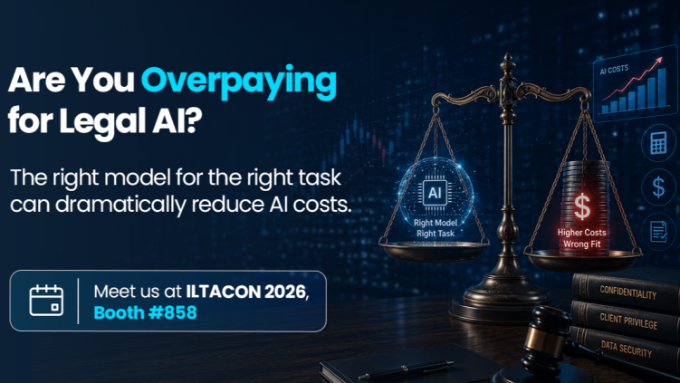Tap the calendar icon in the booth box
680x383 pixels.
[46, 301]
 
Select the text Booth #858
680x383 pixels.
[145, 312]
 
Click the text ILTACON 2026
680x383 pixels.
[246, 292]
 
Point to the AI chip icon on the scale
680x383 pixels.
[435, 193]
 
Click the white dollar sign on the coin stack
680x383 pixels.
[582, 206]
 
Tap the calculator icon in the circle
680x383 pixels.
[658, 143]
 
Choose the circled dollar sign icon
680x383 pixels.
[658, 187]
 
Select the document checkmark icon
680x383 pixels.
[659, 231]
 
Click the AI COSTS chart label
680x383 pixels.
[614, 70]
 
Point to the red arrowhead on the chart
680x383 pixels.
[659, 61]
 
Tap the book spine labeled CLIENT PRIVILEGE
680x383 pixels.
[627, 321]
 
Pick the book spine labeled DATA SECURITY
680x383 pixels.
[626, 349]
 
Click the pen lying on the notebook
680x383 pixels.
[407, 369]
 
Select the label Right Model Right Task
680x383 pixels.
[436, 228]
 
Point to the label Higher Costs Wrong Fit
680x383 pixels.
[582, 238]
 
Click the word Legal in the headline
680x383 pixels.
[102, 120]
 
